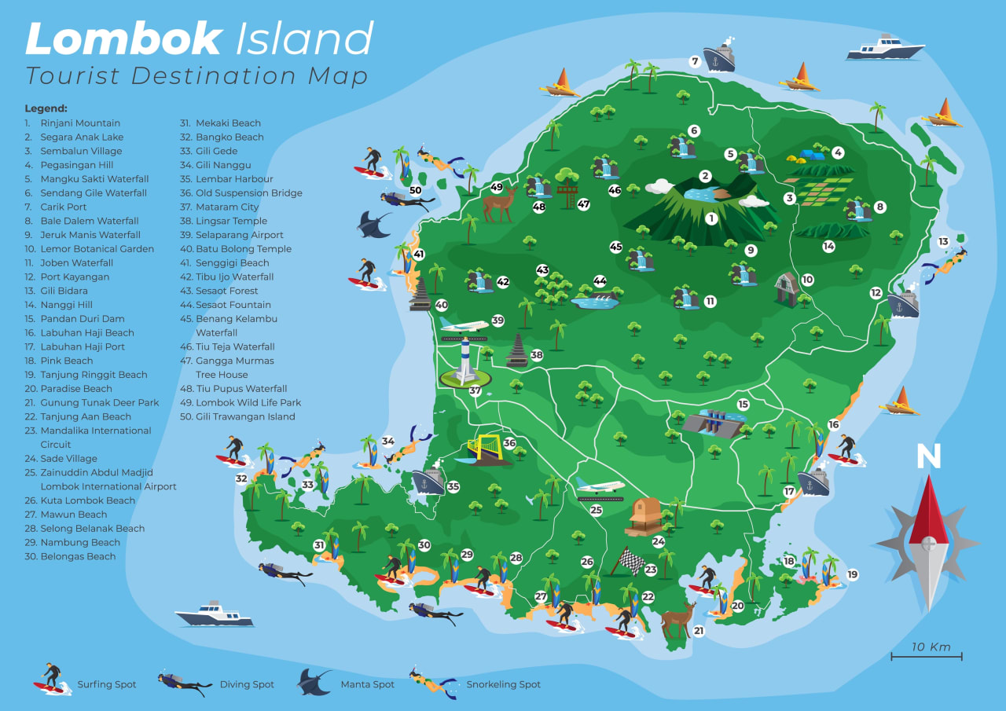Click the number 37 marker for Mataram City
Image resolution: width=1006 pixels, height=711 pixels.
pos(475,390)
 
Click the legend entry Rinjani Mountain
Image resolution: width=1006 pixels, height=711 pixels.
pos(80,123)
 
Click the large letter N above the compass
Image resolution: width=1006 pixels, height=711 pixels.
pos(927,457)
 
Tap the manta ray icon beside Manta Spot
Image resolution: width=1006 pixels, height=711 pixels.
pos(314,681)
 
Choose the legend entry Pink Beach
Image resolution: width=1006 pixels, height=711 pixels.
pos(67,361)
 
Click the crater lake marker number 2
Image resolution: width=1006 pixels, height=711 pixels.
pos(705,176)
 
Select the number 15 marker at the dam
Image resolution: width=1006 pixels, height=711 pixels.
pos(743,405)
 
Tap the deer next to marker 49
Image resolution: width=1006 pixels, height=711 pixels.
pos(497,206)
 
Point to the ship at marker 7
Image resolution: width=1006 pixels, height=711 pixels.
pos(719,57)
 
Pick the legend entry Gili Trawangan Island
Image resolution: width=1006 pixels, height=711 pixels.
pos(245,416)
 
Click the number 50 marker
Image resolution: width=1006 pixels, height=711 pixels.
pos(415,189)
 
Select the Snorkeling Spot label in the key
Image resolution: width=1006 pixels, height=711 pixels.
pos(503,684)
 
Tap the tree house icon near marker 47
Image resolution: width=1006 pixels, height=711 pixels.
pos(566,185)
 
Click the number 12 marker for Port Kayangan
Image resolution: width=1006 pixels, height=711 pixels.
pos(875,292)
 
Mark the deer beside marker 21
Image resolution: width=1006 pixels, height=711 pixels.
pos(677,621)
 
